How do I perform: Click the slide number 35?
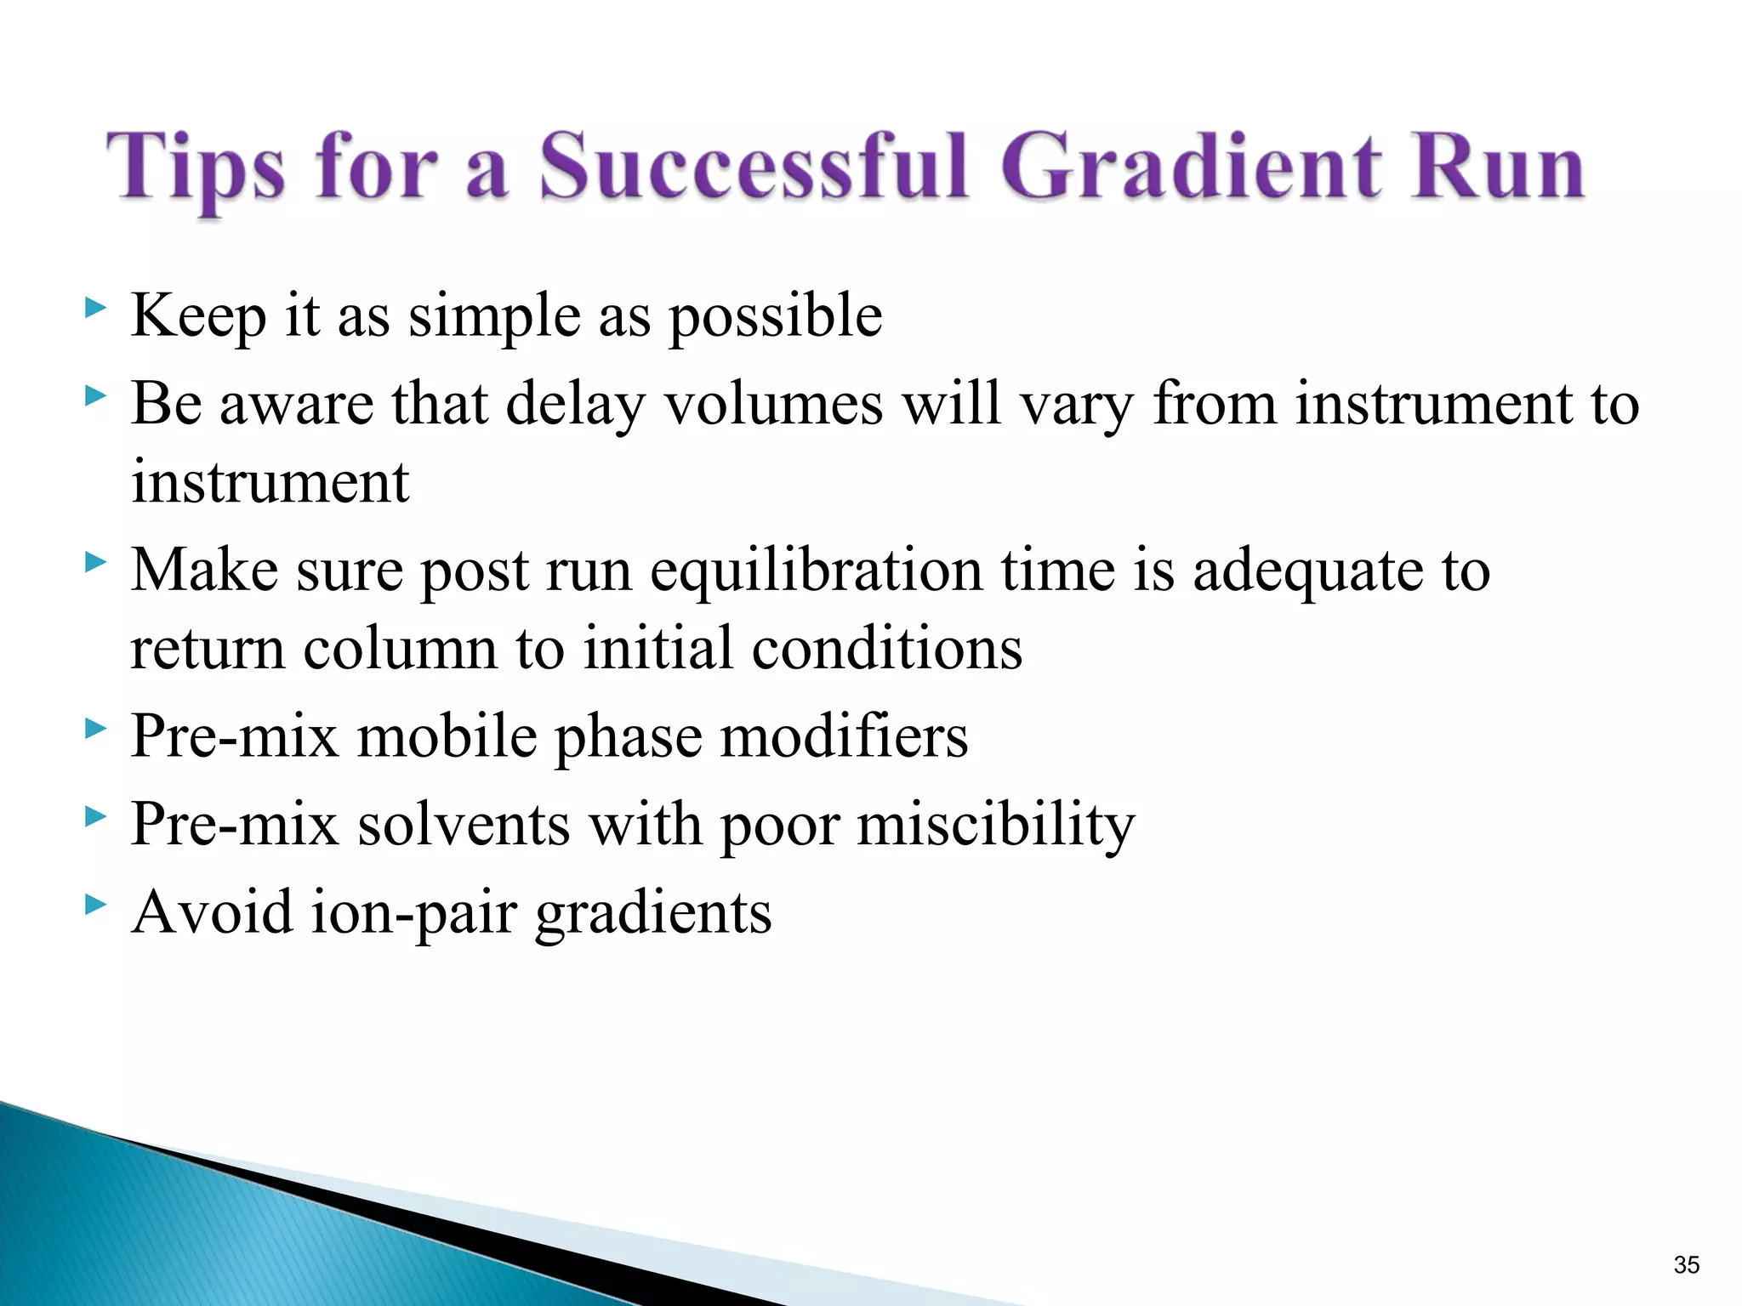click(x=1686, y=1265)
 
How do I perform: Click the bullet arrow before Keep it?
click(x=96, y=307)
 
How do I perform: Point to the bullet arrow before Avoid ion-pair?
click(x=96, y=904)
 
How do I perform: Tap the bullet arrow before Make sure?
click(x=96, y=561)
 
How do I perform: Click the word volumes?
click(x=774, y=403)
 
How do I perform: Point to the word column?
click(x=400, y=649)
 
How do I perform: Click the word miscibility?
click(x=995, y=825)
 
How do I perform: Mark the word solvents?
click(x=464, y=825)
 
